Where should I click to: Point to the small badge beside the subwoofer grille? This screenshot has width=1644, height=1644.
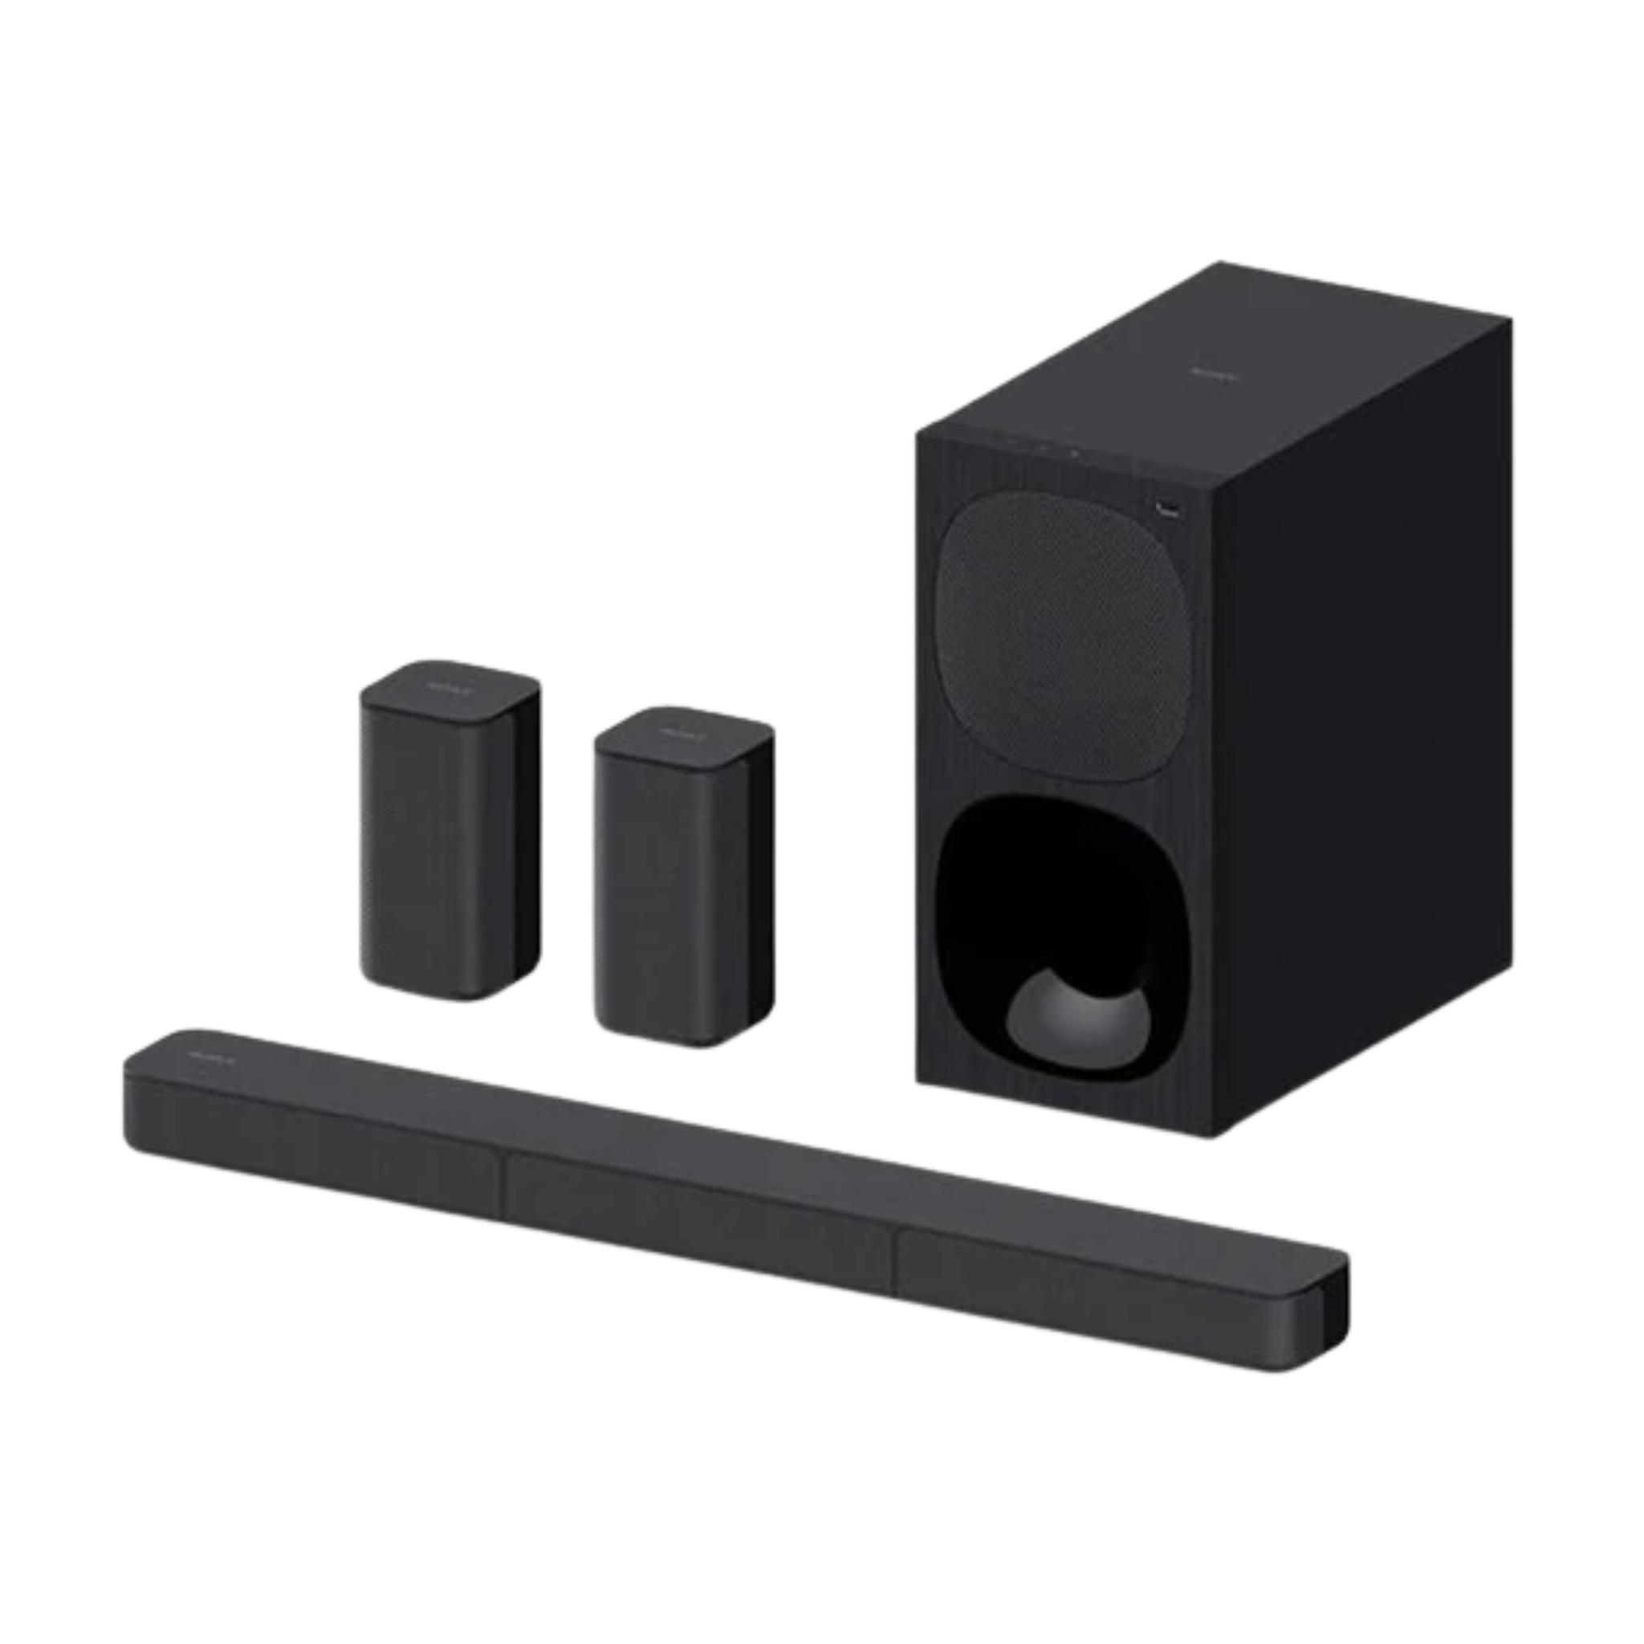(x=1167, y=510)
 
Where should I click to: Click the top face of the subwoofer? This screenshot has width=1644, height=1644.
(x=1208, y=383)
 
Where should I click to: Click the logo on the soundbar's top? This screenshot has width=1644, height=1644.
(x=201, y=1057)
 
